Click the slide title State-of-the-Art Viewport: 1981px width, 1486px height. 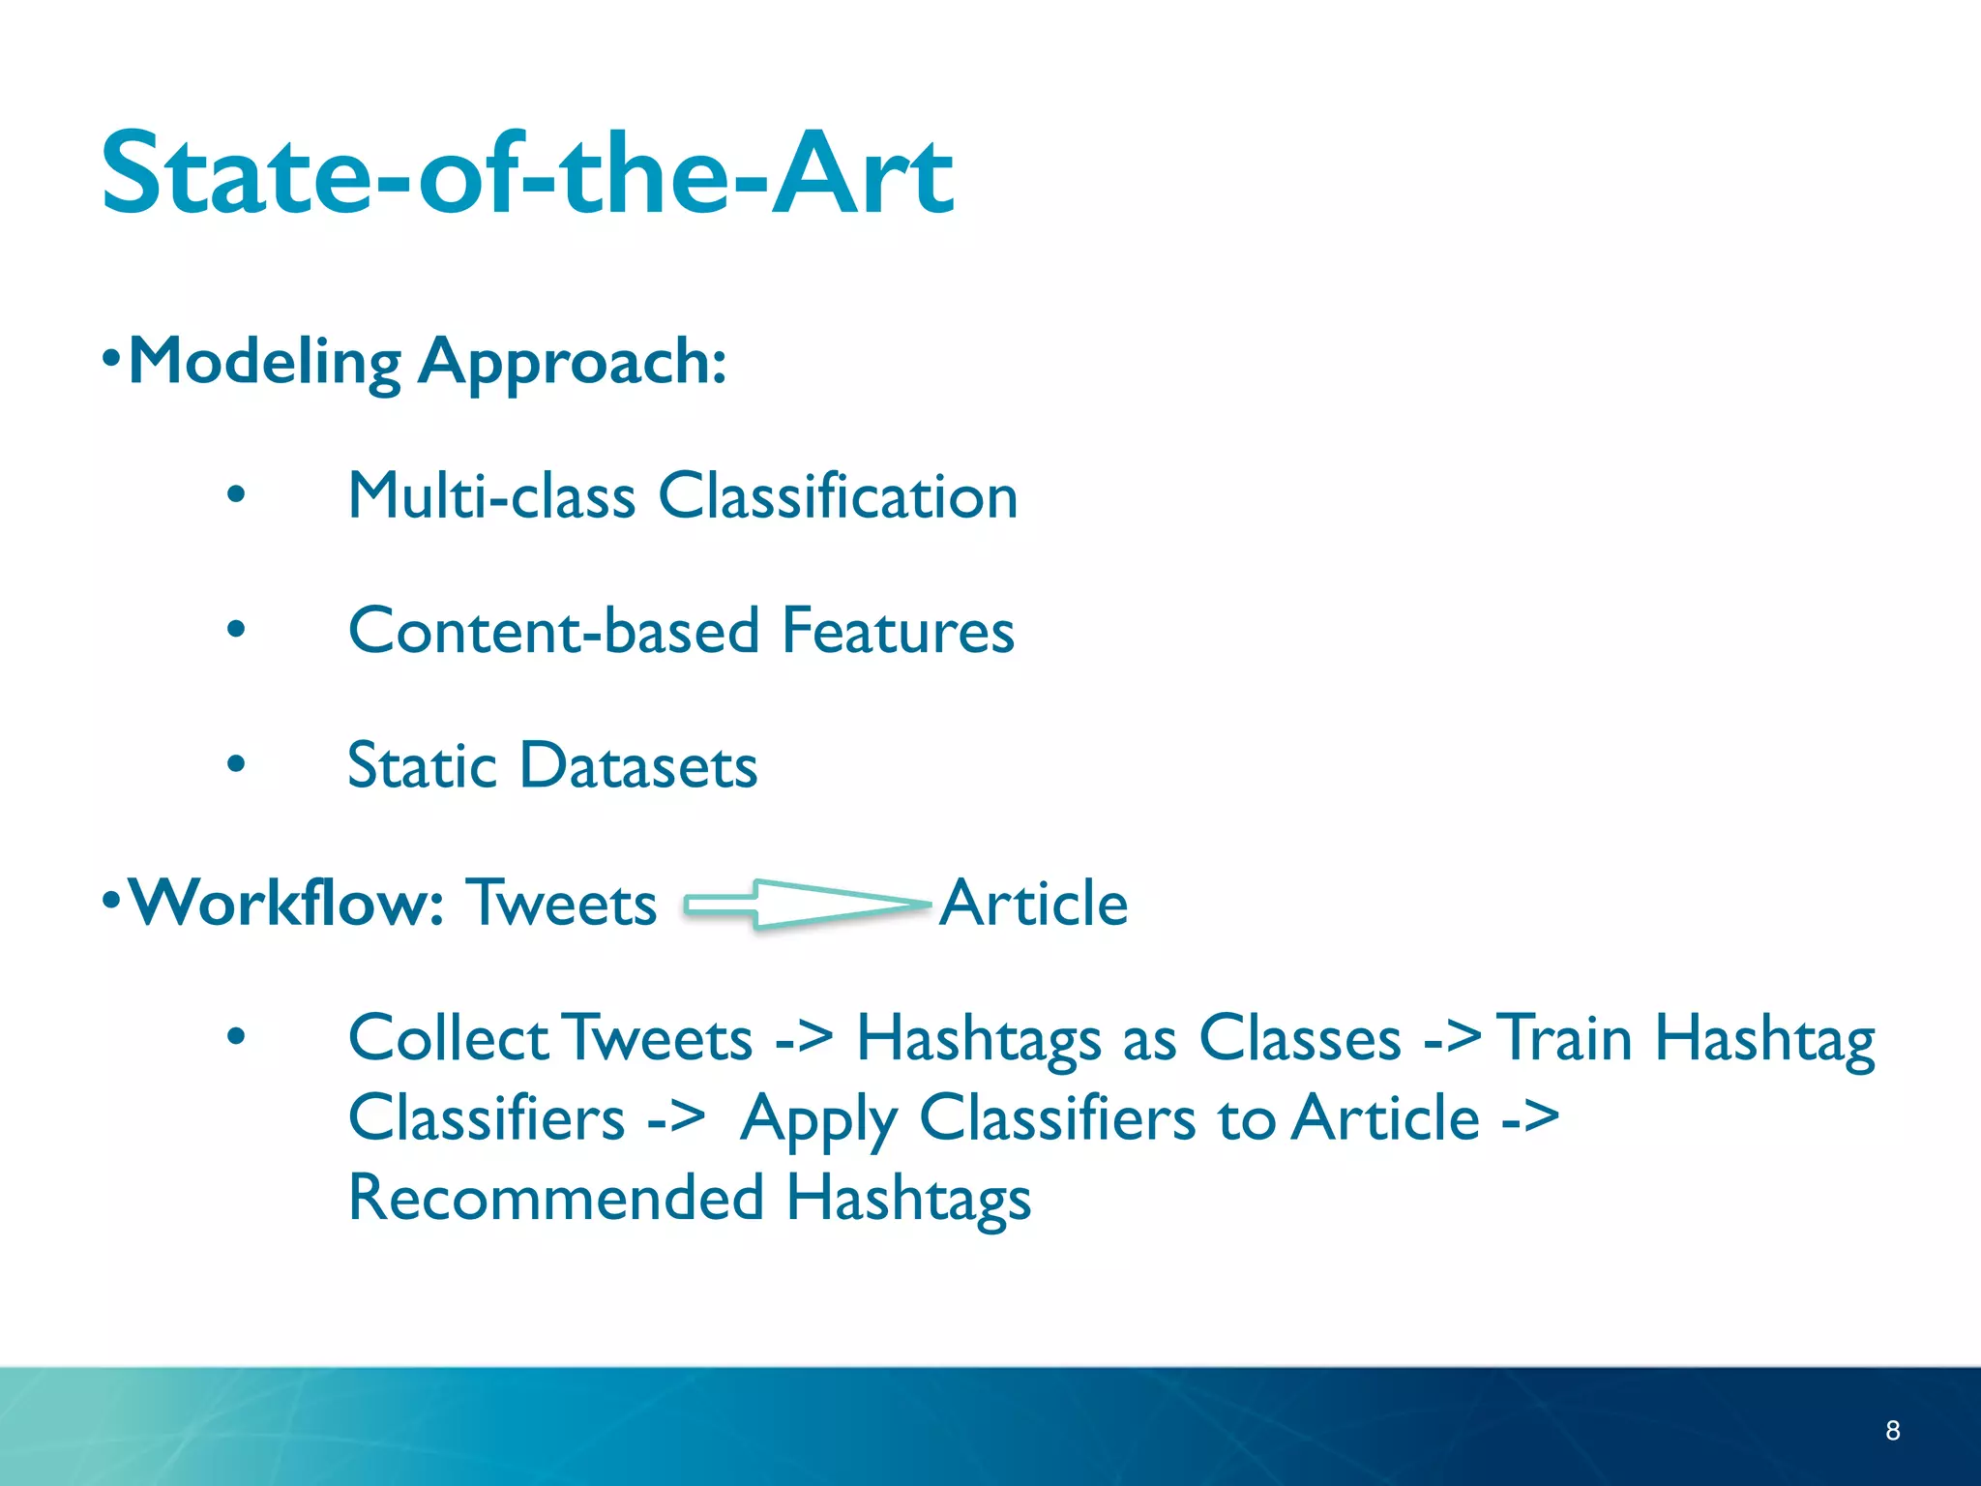pyautogui.click(x=527, y=174)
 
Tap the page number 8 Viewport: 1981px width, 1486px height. pyautogui.click(x=1892, y=1431)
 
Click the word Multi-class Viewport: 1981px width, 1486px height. pyautogui.click(x=491, y=496)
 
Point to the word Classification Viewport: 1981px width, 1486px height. pyautogui.click(x=838, y=496)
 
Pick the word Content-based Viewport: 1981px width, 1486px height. pyautogui.click(x=553, y=631)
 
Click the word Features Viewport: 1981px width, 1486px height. pyautogui.click(x=898, y=631)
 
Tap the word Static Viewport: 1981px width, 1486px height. pyautogui.click(x=422, y=765)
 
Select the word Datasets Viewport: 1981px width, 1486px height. pyautogui.click(x=638, y=765)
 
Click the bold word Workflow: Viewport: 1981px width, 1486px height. pyautogui.click(x=286, y=902)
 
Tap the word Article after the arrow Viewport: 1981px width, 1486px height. pyautogui.click(x=1033, y=903)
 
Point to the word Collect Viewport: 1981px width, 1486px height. pyautogui.click(x=449, y=1038)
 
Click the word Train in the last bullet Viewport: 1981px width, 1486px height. pyautogui.click(x=1564, y=1038)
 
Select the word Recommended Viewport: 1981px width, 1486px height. pyautogui.click(x=556, y=1198)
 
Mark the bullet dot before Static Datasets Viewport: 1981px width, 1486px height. pyautogui.click(x=236, y=765)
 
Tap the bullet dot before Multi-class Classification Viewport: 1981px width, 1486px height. pyautogui.click(x=236, y=496)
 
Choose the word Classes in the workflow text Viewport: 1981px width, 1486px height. pyautogui.click(x=1300, y=1038)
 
